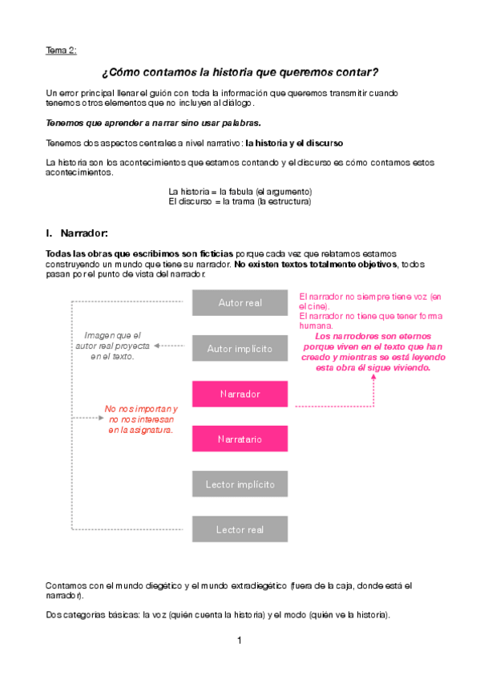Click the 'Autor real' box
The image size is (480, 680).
click(x=240, y=302)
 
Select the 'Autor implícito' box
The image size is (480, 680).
click(x=240, y=349)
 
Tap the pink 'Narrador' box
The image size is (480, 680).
click(x=240, y=395)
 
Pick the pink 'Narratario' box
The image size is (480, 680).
click(x=240, y=439)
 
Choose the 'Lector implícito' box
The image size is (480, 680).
click(x=240, y=484)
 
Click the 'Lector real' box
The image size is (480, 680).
click(x=240, y=529)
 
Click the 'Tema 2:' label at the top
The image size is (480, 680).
click(x=61, y=51)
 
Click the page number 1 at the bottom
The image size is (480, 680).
click(x=239, y=641)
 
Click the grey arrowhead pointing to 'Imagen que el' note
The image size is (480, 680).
click(x=157, y=346)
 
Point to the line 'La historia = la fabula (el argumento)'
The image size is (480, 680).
click(x=240, y=192)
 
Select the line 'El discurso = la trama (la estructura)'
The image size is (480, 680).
click(x=240, y=202)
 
